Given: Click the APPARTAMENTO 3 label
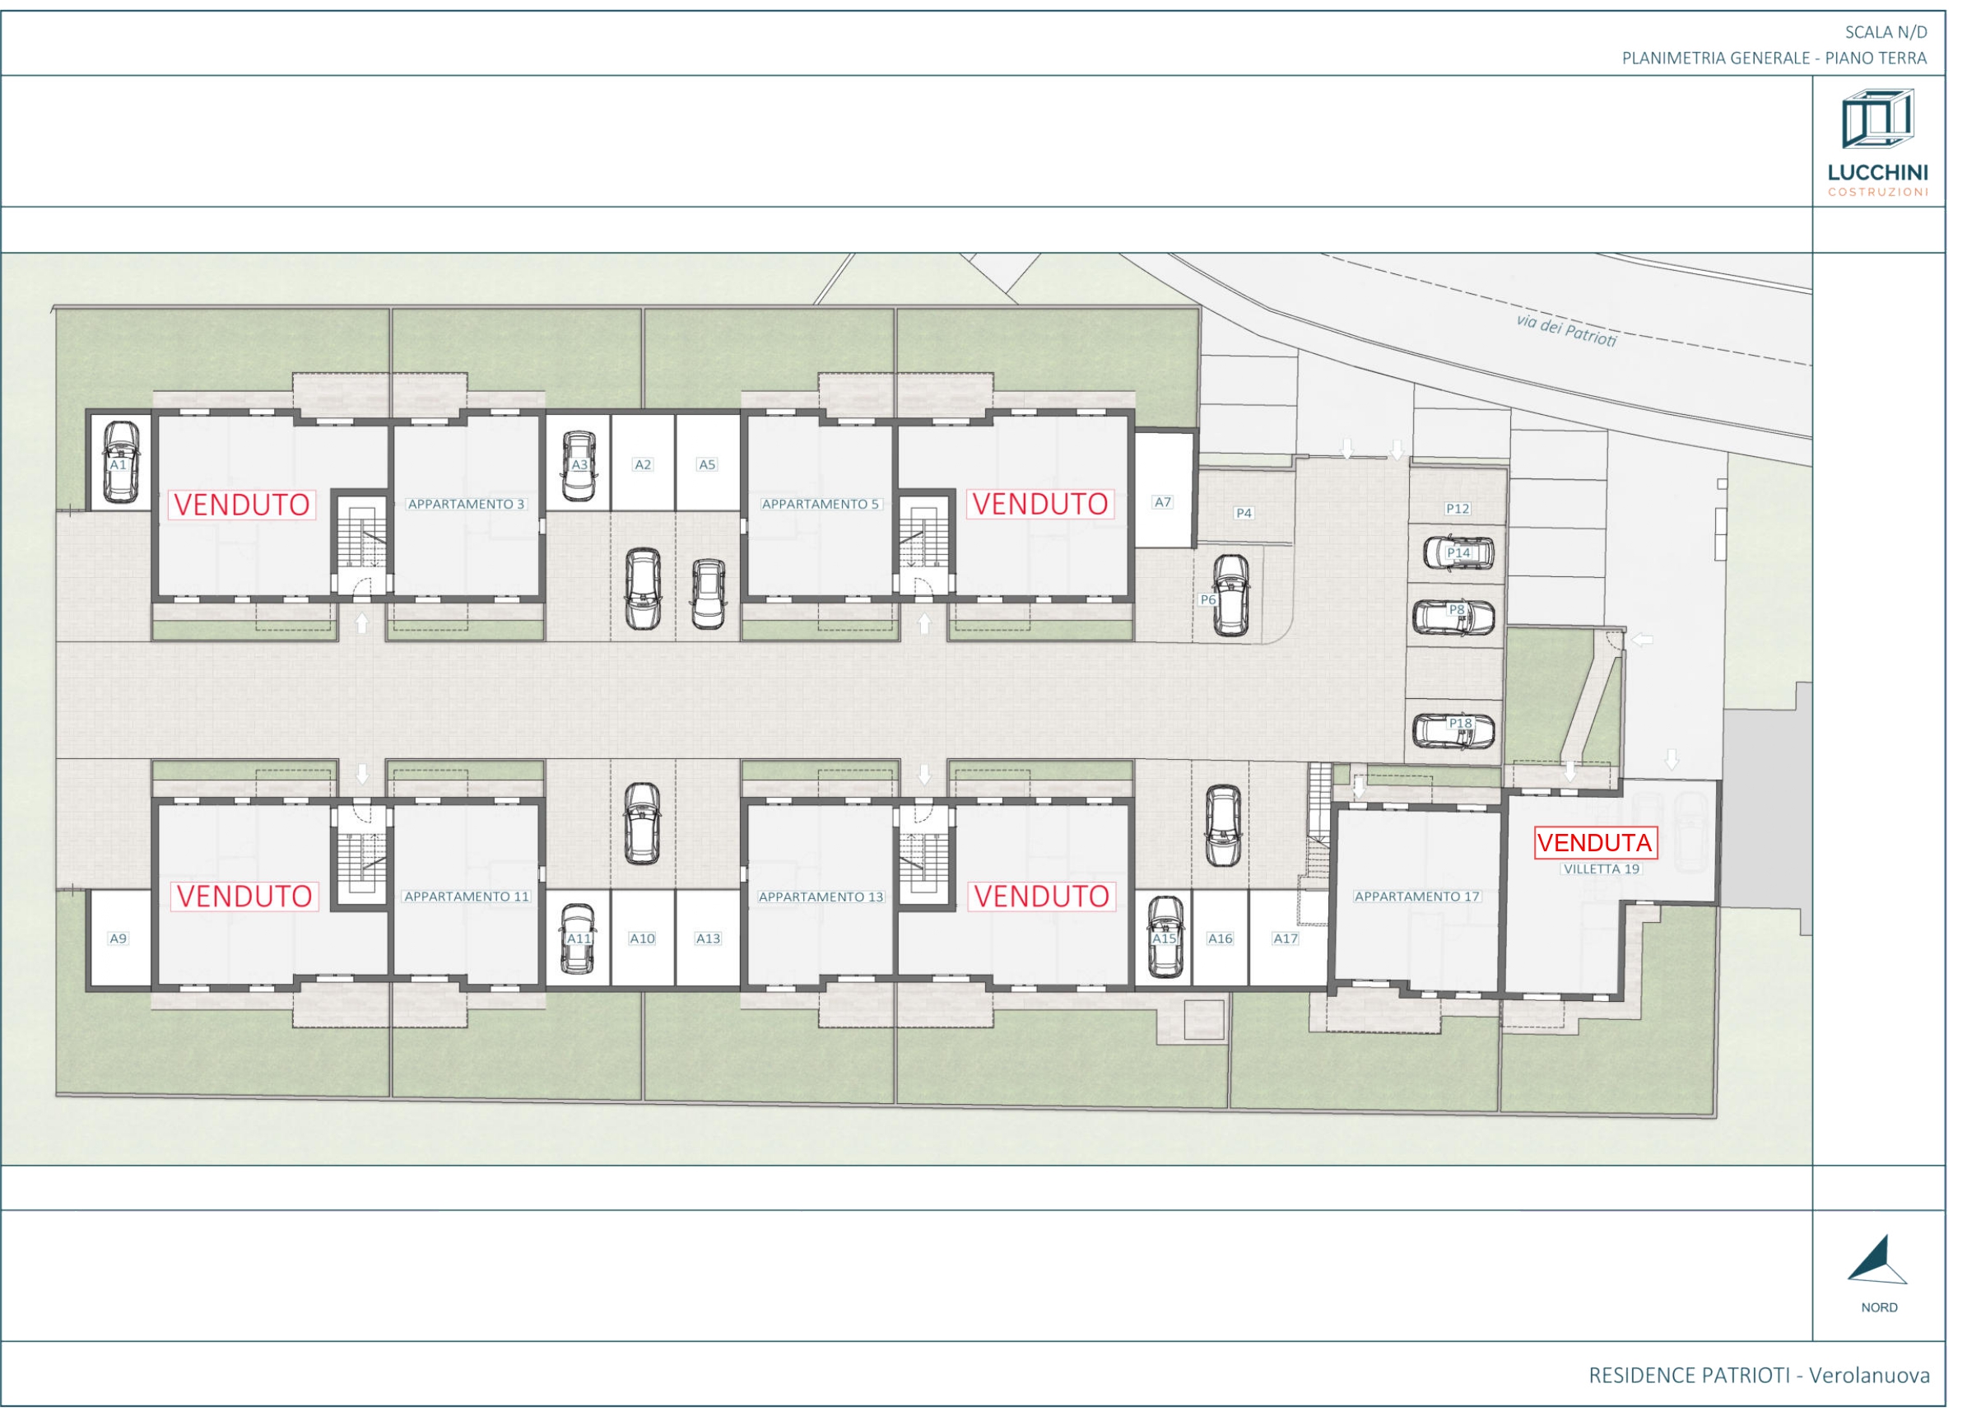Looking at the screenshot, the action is pyautogui.click(x=467, y=504).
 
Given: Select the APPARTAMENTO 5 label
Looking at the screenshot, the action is pyautogui.click(x=821, y=504).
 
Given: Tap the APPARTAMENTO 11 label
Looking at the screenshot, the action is pyautogui.click(x=467, y=897).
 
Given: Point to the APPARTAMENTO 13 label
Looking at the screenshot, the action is pyautogui.click(x=821, y=897).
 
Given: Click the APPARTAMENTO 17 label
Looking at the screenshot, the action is pyautogui.click(x=1417, y=897).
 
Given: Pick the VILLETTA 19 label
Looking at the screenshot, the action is pyautogui.click(x=1602, y=869).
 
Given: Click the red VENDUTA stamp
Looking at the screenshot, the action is pyautogui.click(x=1595, y=842).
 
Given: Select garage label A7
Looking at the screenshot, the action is pyautogui.click(x=1163, y=502).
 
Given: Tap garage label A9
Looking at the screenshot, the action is pyautogui.click(x=119, y=938).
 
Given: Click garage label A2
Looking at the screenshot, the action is pyautogui.click(x=643, y=465).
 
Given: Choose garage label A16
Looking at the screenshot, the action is pyautogui.click(x=1221, y=938).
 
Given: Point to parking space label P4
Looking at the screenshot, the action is pyautogui.click(x=1244, y=514).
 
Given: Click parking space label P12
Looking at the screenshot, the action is pyautogui.click(x=1458, y=510).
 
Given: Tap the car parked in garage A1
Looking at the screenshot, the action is pyautogui.click(x=120, y=463).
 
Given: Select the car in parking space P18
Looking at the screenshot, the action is pyautogui.click(x=1454, y=730).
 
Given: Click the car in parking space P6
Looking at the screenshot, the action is pyautogui.click(x=1230, y=595).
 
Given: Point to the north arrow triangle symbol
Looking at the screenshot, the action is pyautogui.click(x=1876, y=1259).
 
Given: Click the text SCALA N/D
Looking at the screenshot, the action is pyautogui.click(x=1886, y=33).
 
